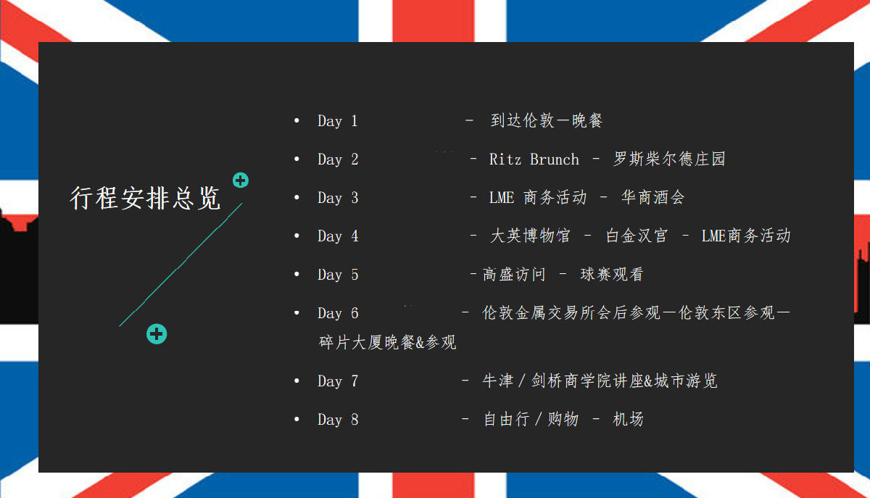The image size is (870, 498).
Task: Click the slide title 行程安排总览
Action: pos(145,198)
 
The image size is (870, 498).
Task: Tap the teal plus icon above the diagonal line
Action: pos(241,180)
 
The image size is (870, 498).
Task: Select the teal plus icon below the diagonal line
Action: pos(157,333)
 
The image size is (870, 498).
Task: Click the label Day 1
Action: pos(338,121)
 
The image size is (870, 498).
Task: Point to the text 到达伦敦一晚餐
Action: pos(546,120)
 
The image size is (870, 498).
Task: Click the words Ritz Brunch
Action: pos(534,159)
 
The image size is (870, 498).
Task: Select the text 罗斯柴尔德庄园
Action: pos(669,159)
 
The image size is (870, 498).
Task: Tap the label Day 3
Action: pos(338,198)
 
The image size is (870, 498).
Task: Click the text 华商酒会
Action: pos(653,197)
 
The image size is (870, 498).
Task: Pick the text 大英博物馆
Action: pos(530,236)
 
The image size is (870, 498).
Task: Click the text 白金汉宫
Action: pos(637,236)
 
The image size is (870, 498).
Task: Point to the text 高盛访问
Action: pos(514,274)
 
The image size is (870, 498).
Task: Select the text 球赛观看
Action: pos(612,274)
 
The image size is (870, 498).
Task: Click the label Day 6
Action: pos(338,313)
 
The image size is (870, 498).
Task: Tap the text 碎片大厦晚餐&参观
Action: pos(387,342)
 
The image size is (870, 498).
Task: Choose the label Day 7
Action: pos(338,381)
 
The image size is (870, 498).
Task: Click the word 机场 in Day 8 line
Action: pos(628,419)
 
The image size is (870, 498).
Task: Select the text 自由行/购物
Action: pos(531,419)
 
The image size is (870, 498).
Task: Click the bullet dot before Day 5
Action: pos(297,274)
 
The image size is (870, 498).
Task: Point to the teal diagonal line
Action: pos(181,265)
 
